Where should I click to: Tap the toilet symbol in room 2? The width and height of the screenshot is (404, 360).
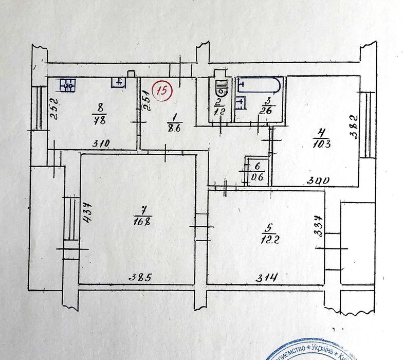click(221, 88)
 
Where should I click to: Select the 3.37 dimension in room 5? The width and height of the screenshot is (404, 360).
click(319, 226)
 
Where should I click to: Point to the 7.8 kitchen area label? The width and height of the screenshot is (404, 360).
click(100, 120)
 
